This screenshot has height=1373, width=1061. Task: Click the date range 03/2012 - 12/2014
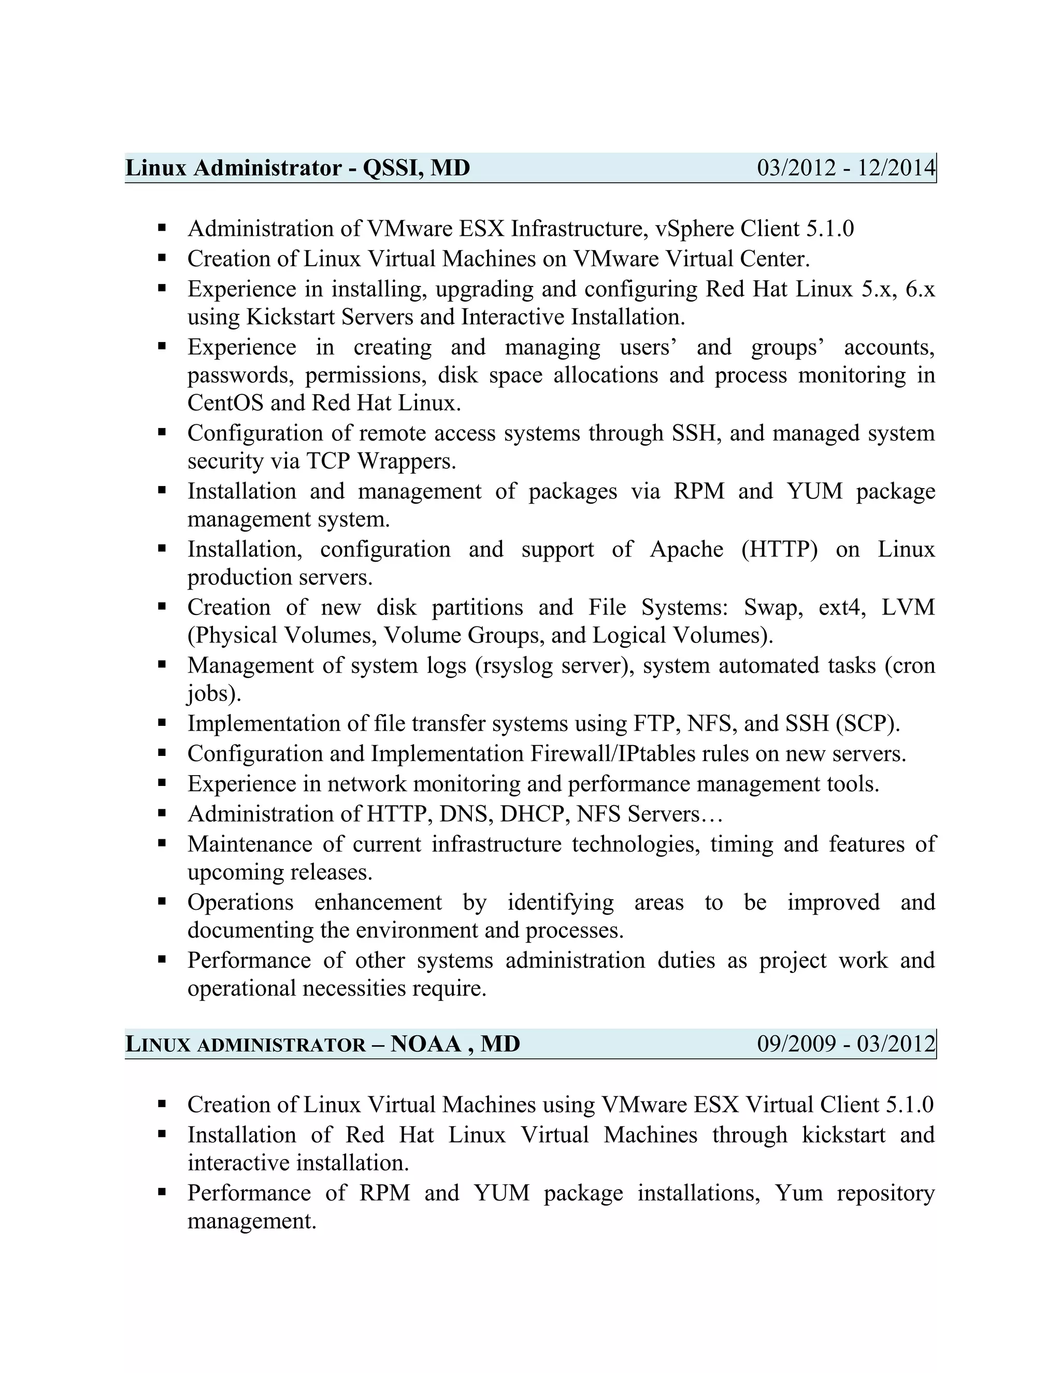[x=845, y=168]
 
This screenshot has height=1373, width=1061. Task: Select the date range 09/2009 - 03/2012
[x=845, y=1044]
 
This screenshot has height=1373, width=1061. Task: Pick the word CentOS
[x=225, y=403]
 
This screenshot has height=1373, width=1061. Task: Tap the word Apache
[x=686, y=549]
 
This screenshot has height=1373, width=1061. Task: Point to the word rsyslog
[x=515, y=666]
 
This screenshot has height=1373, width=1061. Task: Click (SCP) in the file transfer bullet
[x=867, y=724]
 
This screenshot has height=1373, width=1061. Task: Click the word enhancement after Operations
[x=378, y=903]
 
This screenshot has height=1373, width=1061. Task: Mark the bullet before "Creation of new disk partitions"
[x=162, y=607]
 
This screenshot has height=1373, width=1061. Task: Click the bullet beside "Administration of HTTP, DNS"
[x=162, y=813]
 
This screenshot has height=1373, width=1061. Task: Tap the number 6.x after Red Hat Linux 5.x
[x=920, y=289]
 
